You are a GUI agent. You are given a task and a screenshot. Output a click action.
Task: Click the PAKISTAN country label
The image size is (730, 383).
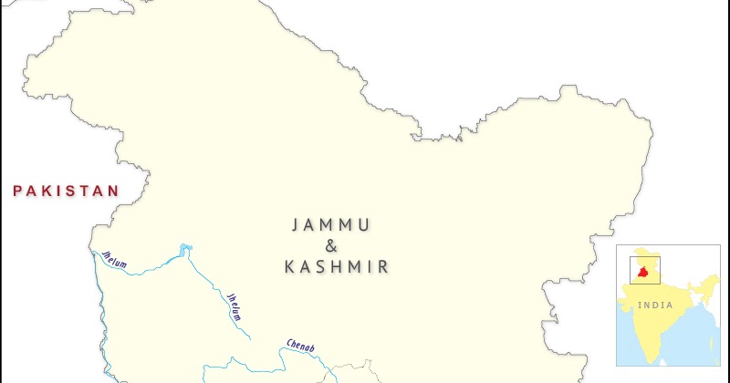[66, 191]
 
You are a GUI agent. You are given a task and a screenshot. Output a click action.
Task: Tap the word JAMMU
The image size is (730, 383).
[331, 224]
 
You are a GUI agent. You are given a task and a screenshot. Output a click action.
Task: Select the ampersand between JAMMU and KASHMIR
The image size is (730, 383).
[331, 245]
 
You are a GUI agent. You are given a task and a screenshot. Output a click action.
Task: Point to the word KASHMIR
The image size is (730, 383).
[337, 267]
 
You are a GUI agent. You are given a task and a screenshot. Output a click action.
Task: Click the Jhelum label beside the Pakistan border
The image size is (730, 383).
[114, 259]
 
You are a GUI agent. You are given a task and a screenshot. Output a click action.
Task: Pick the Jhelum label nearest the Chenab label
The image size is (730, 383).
[235, 306]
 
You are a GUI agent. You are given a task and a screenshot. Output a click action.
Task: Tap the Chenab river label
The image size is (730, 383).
[300, 346]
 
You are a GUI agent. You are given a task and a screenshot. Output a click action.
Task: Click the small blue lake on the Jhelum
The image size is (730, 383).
[186, 247]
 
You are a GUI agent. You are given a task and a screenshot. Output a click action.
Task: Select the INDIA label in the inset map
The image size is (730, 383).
[656, 305]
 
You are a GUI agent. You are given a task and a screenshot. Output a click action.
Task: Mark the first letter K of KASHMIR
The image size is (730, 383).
[290, 267]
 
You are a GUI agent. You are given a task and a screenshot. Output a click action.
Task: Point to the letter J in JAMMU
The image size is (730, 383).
[296, 224]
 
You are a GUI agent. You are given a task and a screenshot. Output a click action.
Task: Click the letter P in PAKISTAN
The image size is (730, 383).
[17, 191]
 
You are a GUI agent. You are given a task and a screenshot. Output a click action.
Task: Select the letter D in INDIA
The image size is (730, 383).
[655, 305]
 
